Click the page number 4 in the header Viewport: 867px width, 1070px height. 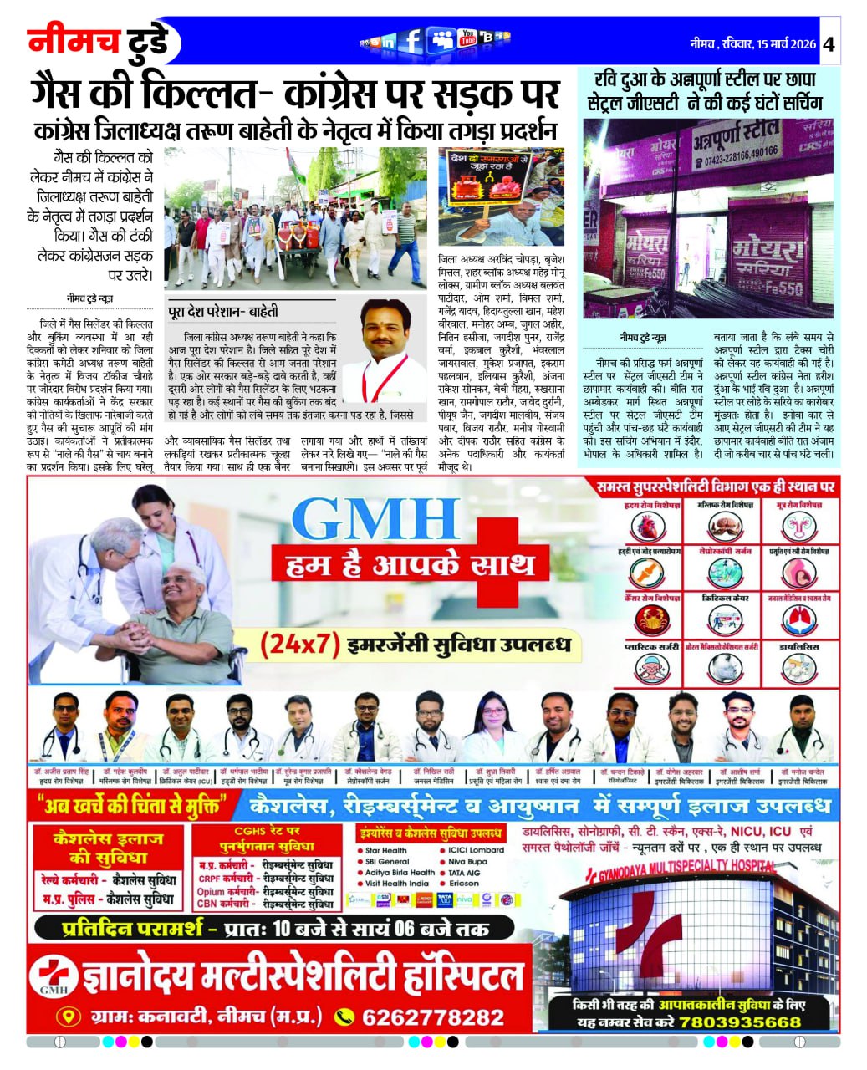point(829,44)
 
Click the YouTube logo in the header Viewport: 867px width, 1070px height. point(467,38)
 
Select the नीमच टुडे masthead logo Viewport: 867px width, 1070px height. point(99,42)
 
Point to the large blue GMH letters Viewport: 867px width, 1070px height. point(379,519)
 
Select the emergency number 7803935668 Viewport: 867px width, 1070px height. point(739,1022)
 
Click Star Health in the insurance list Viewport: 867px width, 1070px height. point(385,850)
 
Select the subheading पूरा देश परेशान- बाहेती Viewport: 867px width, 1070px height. point(223,311)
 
